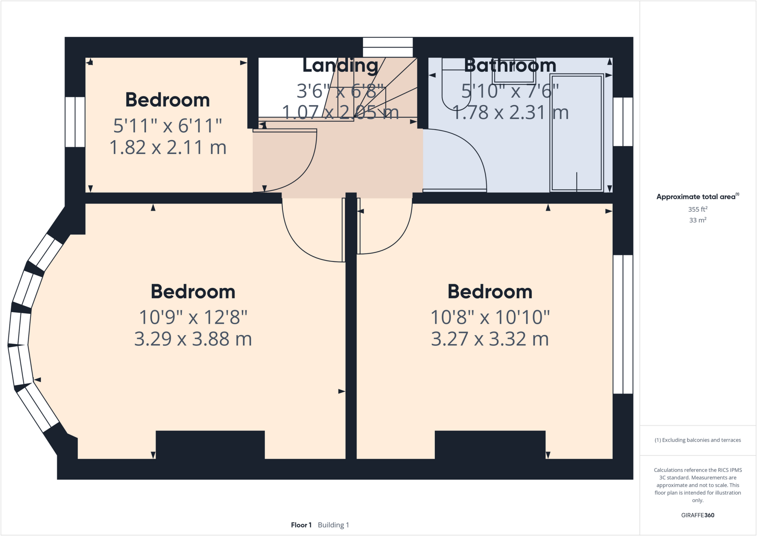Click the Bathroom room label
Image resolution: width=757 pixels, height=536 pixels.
point(510,65)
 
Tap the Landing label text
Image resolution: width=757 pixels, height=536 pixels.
point(340,65)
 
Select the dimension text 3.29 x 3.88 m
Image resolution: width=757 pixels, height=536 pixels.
point(193,339)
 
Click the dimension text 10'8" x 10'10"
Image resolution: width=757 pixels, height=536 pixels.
point(490,317)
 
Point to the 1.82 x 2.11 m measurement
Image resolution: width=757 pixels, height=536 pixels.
point(168,148)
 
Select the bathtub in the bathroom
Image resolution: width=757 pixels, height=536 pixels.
point(577,133)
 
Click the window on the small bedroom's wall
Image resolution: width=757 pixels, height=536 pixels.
point(75,122)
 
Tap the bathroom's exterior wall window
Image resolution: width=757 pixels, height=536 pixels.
point(623,122)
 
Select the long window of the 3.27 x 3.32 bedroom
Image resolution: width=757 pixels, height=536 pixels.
point(623,324)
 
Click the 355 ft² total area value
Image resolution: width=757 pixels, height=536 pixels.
point(697,209)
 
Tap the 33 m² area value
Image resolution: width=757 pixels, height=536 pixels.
point(697,220)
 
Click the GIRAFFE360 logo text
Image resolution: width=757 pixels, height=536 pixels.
point(697,515)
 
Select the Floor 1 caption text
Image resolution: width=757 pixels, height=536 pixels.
point(301,525)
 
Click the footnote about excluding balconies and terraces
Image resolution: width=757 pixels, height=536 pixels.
point(697,440)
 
